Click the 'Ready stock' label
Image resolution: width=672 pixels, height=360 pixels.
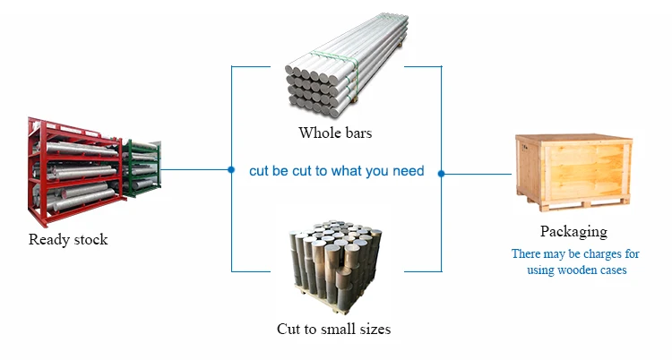point(68,239)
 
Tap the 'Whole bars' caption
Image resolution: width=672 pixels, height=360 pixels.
point(335,133)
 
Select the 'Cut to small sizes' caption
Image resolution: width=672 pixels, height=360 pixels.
point(333,329)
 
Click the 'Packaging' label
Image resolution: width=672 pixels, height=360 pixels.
point(573,232)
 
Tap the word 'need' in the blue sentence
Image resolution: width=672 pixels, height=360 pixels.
point(408,170)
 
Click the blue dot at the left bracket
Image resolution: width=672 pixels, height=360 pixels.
point(232,168)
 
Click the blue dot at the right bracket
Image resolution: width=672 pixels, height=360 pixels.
point(441,173)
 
